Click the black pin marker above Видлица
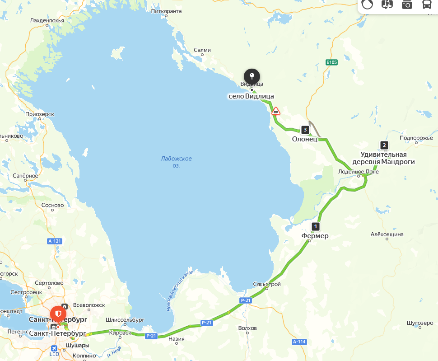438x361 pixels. [252, 76]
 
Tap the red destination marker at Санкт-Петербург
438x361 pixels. [58, 313]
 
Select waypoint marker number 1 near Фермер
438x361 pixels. [316, 226]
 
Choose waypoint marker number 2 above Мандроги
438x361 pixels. [384, 145]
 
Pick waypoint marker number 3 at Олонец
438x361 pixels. [305, 130]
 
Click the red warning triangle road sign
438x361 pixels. [275, 111]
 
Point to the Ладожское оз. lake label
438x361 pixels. [176, 162]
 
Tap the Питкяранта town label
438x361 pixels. [166, 11]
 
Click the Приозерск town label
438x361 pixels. [40, 114]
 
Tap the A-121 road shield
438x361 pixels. [54, 241]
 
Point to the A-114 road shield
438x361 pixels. [299, 342]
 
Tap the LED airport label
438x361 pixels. [54, 354]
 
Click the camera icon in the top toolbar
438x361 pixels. [407, 5]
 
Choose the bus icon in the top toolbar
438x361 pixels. [426, 5]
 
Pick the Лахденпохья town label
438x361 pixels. [47, 20]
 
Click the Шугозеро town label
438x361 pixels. [420, 323]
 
